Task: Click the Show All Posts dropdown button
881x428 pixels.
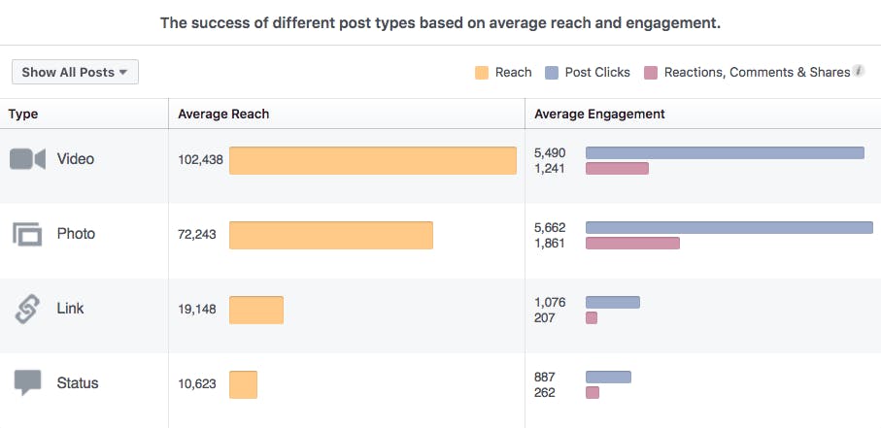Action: pos(75,73)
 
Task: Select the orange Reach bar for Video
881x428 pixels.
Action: pos(372,160)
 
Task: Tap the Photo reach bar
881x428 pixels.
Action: pos(330,235)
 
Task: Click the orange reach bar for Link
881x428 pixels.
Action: pos(256,310)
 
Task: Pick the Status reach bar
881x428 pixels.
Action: pos(243,384)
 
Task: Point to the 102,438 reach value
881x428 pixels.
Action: pos(201,160)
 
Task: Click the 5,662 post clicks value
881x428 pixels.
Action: pos(550,228)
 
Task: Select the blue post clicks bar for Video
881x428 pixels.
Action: pos(724,153)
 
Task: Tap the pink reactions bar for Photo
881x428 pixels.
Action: pos(632,243)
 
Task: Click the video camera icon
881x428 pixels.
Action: pos(27,159)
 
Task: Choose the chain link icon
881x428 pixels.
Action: pos(27,310)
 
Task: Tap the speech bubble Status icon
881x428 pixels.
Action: pos(27,383)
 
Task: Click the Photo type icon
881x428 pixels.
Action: pos(27,234)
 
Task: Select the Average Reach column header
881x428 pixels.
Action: pos(223,114)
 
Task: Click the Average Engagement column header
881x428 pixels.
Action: pos(599,114)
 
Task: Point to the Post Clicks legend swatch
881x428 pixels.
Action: pos(552,73)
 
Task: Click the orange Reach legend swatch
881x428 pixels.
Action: pos(482,73)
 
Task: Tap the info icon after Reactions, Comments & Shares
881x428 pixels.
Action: pos(859,72)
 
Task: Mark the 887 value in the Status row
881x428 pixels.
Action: pos(546,378)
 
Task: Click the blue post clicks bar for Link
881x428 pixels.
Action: pos(612,303)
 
